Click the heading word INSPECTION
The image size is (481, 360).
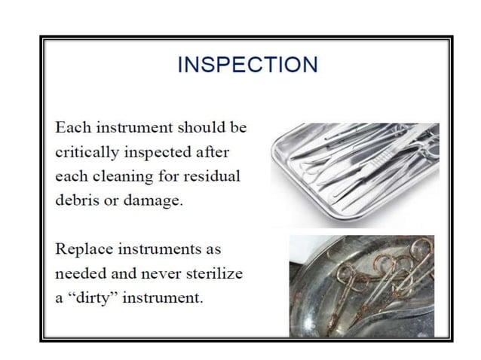coord(247,65)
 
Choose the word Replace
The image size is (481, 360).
coord(84,249)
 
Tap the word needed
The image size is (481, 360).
coord(81,273)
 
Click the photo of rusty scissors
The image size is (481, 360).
coord(362,285)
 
